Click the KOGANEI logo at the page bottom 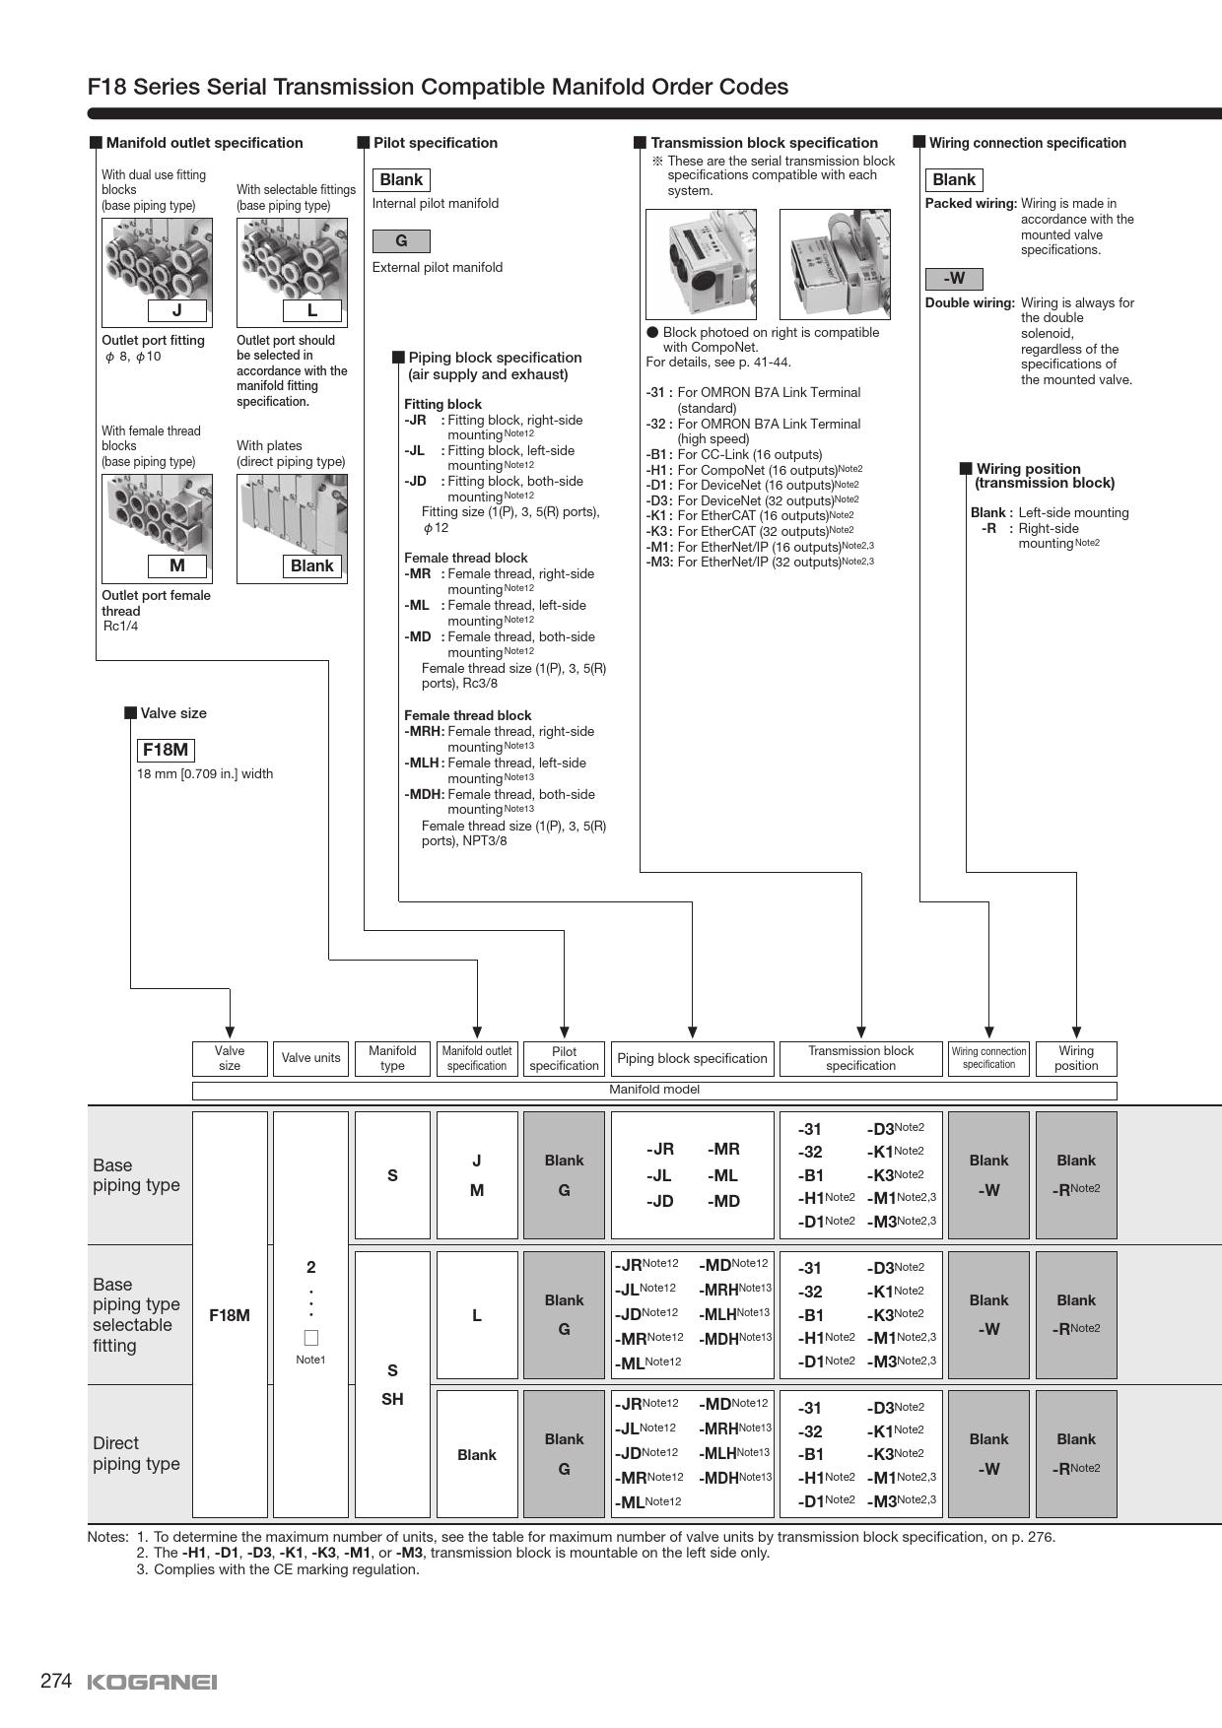pyautogui.click(x=152, y=1682)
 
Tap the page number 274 pyautogui.click(x=56, y=1681)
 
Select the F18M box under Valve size pyautogui.click(x=166, y=750)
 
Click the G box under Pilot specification pyautogui.click(x=401, y=241)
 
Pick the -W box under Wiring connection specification pyautogui.click(x=954, y=279)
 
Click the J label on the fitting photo pyautogui.click(x=177, y=310)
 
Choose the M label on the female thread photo pyautogui.click(x=177, y=565)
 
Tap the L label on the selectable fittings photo pyautogui.click(x=312, y=310)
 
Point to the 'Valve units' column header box pyautogui.click(x=310, y=1058)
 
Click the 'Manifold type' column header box pyautogui.click(x=392, y=1058)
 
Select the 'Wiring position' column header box pyautogui.click(x=1076, y=1058)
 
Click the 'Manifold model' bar pyautogui.click(x=654, y=1090)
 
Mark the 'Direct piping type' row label pyautogui.click(x=137, y=1453)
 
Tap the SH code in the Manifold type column pyautogui.click(x=392, y=1399)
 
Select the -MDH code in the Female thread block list pyautogui.click(x=424, y=794)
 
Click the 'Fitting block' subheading pyautogui.click(x=442, y=404)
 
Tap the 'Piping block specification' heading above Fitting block pyautogui.click(x=495, y=358)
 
